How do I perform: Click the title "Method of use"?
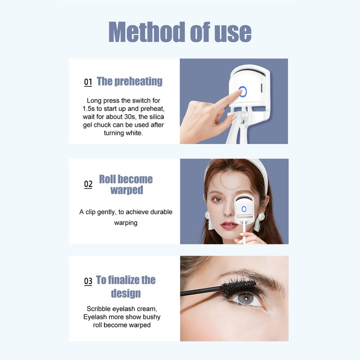(x=180, y=31)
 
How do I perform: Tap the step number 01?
(x=88, y=82)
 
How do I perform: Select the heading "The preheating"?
(x=130, y=81)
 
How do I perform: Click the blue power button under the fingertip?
(x=243, y=92)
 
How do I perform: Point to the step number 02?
(x=88, y=184)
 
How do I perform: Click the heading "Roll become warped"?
(x=126, y=184)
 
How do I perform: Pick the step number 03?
(x=88, y=282)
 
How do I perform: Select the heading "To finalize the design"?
(x=126, y=287)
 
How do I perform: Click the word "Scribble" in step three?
(x=100, y=309)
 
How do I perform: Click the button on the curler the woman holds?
(x=243, y=209)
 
